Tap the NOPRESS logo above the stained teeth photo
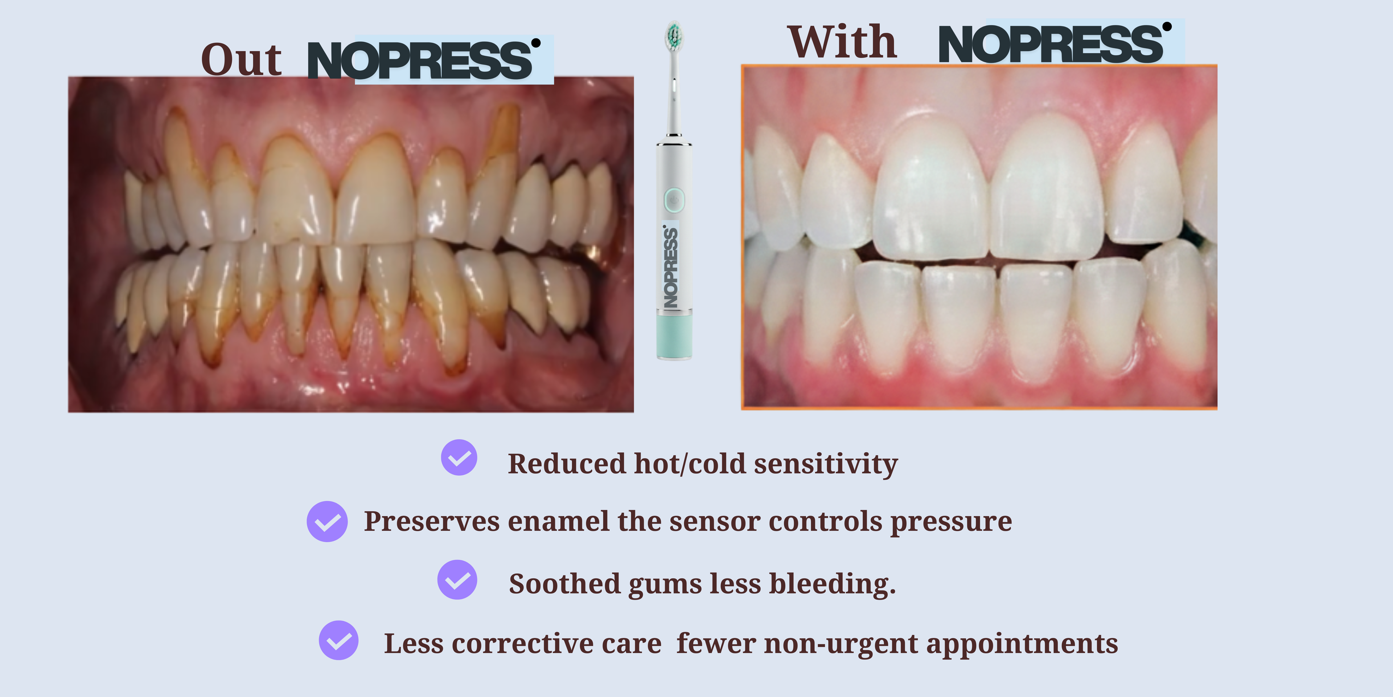424,60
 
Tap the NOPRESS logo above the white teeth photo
1055,43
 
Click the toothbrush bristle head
674,35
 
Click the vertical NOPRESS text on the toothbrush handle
670,266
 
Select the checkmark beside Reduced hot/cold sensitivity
459,457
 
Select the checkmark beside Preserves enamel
327,521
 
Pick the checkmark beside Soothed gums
457,580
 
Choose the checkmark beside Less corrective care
338,640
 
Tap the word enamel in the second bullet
559,521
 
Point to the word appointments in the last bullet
1022,644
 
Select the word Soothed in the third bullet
564,583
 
